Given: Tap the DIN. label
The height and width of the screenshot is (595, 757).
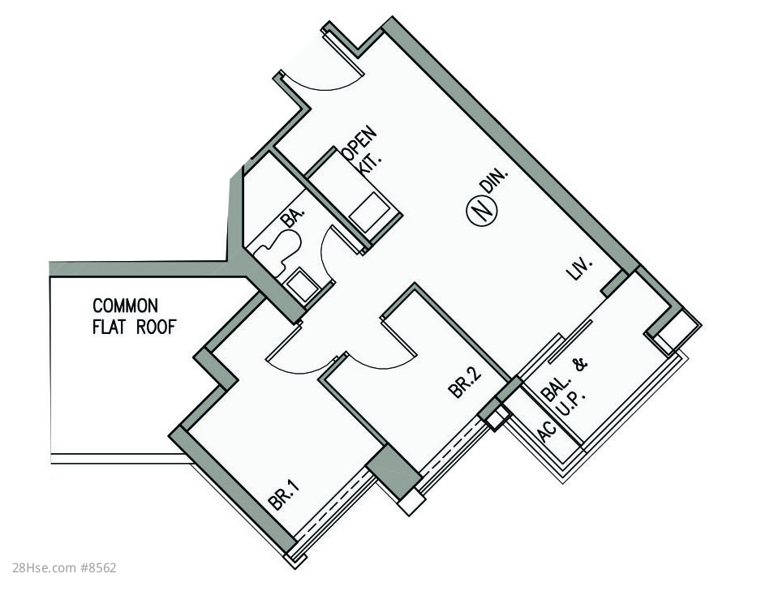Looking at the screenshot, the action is point(493,180).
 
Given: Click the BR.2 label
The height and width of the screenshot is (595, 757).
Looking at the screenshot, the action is point(465,383).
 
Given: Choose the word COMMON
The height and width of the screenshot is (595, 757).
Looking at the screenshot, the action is point(125,306).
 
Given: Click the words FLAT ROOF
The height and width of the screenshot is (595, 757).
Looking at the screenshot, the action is point(134,327).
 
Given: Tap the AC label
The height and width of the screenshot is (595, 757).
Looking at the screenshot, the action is point(547,430).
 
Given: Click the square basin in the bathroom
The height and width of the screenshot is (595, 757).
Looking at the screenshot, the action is point(302,283).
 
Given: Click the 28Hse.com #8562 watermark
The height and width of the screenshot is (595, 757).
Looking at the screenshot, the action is point(58,567).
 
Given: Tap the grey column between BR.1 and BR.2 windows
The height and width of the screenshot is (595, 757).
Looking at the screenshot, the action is point(393,470).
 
